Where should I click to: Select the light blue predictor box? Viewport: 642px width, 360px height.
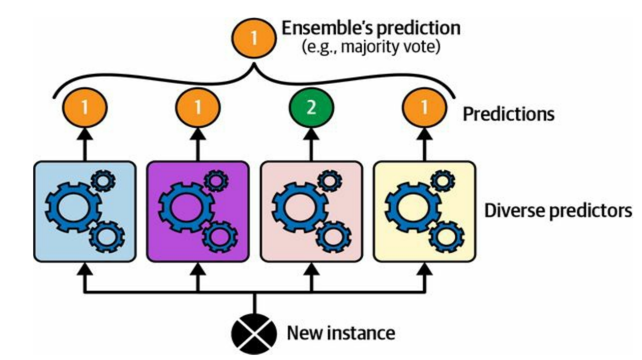[84, 211]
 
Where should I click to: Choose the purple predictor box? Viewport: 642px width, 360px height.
[197, 211]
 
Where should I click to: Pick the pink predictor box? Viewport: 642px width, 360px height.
[311, 211]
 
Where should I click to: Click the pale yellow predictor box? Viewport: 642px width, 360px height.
[424, 211]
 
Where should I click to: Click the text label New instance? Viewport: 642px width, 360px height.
[341, 333]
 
